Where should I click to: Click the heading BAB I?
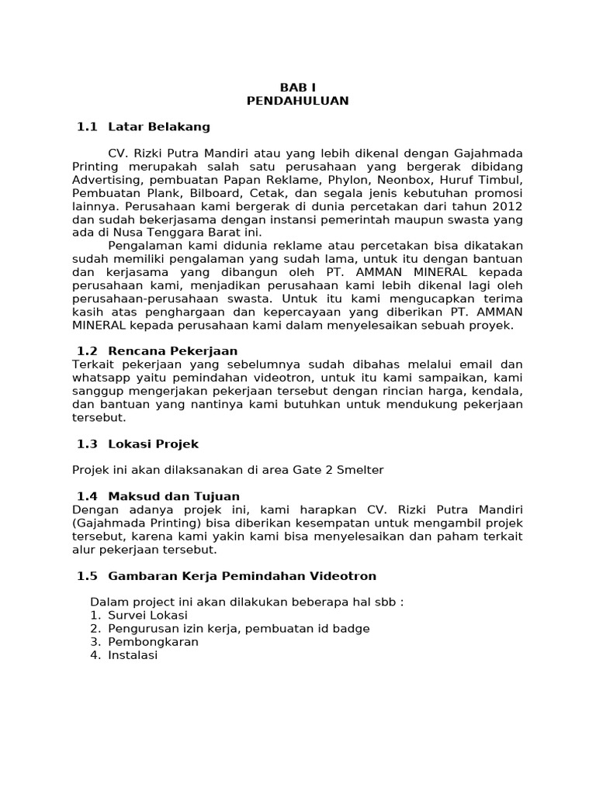[x=297, y=88]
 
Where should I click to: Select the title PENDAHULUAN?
[x=297, y=101]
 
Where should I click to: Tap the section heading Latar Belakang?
[x=159, y=126]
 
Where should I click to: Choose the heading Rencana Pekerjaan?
[x=173, y=351]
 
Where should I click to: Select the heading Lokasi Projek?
[x=154, y=444]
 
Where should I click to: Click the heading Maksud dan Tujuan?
[x=174, y=496]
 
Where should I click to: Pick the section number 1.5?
[x=87, y=575]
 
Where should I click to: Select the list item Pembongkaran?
[x=153, y=642]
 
